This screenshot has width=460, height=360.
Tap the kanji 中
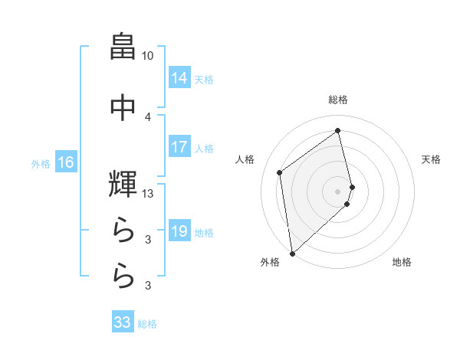click(123, 106)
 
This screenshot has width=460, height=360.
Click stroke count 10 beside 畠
click(148, 56)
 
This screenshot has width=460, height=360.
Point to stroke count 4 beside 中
click(148, 116)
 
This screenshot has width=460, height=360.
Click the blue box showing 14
click(179, 78)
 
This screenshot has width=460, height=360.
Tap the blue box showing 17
click(179, 147)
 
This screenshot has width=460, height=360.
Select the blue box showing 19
click(179, 231)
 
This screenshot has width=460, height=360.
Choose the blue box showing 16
click(66, 162)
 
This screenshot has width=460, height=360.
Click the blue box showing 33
click(123, 322)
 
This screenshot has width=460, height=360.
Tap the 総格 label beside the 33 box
click(147, 324)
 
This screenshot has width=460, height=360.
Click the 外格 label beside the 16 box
click(41, 163)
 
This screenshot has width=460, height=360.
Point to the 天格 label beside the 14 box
click(204, 79)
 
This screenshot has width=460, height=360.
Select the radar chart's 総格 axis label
click(338, 100)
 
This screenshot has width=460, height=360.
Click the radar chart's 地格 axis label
click(402, 263)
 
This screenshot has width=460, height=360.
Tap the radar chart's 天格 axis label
click(432, 159)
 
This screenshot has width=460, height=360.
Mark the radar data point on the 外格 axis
click(291, 253)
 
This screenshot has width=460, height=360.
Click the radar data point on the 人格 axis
click(280, 172)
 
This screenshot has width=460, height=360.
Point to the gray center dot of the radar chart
click(338, 190)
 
